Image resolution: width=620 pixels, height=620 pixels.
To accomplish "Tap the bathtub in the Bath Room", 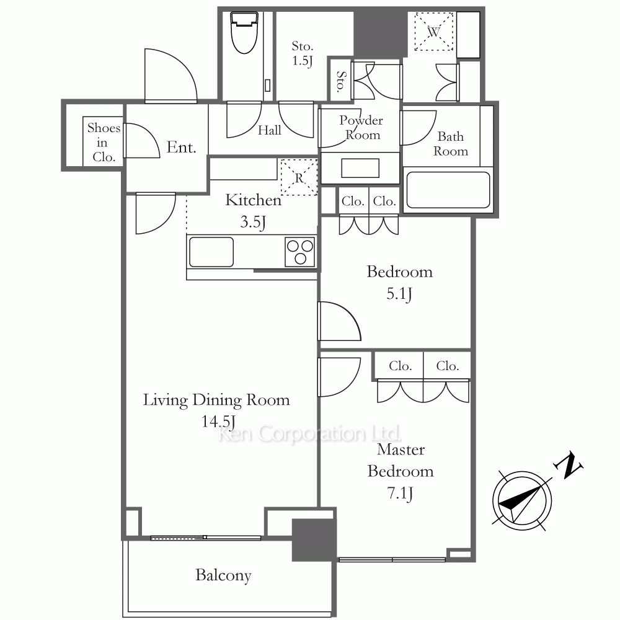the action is [448, 190].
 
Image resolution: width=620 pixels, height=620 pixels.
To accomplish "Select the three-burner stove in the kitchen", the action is [299, 252].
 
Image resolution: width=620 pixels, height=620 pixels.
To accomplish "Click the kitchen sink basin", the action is [211, 252].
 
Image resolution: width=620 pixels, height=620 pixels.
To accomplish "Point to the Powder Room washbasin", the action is [360, 168].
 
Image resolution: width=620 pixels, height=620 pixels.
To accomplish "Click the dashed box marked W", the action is [434, 32].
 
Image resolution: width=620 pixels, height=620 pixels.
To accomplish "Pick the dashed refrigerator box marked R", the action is [299, 177].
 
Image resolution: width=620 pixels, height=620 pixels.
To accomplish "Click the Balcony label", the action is [223, 576].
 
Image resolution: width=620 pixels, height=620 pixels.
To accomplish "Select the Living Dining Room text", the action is [216, 400].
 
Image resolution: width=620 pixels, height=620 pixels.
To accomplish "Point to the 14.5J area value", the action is [218, 422].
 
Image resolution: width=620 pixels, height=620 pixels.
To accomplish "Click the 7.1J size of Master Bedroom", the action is [400, 494].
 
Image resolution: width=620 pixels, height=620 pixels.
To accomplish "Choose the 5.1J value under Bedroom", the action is [399, 294].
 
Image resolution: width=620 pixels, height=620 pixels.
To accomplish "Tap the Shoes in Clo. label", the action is [103, 143].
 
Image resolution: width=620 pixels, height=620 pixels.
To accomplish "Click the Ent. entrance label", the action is [181, 148].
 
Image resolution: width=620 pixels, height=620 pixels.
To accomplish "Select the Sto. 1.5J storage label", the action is [303, 53].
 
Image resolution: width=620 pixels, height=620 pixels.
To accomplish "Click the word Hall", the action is [270, 130].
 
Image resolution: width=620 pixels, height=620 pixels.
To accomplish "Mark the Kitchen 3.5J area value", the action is [253, 222].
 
